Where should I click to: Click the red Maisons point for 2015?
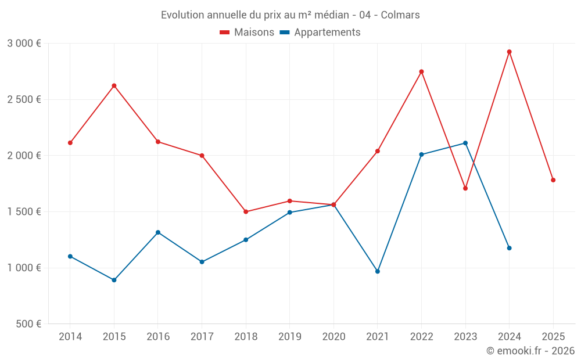pyautogui.click(x=114, y=85)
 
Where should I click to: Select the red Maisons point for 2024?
pyautogui.click(x=509, y=52)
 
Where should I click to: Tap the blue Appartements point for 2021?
pyautogui.click(x=378, y=271)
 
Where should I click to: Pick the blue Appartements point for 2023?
pyautogui.click(x=465, y=143)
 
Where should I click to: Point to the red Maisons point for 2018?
pyautogui.click(x=246, y=211)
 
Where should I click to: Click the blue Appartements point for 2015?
pyautogui.click(x=114, y=280)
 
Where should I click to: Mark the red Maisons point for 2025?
pyautogui.click(x=553, y=180)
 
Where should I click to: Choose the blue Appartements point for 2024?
pyautogui.click(x=509, y=248)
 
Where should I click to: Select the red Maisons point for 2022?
pyautogui.click(x=421, y=71)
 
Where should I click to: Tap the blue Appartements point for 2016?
pyautogui.click(x=158, y=232)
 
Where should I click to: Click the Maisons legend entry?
pyautogui.click(x=247, y=33)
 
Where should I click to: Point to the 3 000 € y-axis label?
pyautogui.click(x=24, y=44)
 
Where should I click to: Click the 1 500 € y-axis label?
pyautogui.click(x=24, y=211)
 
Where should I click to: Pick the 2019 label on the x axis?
pyautogui.click(x=290, y=336)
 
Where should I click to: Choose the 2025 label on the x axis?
pyautogui.click(x=553, y=336)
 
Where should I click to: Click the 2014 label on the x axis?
pyautogui.click(x=70, y=336)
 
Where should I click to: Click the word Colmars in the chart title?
pyautogui.click(x=400, y=15)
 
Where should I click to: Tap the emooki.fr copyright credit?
pyautogui.click(x=530, y=351)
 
